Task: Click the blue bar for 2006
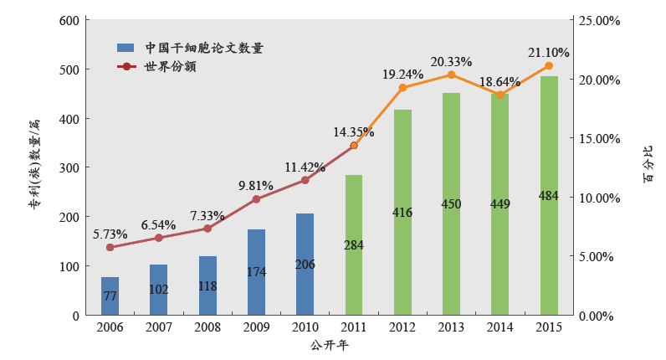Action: [x=110, y=296]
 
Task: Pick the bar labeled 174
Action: [x=256, y=272]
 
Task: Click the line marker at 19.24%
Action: [x=402, y=88]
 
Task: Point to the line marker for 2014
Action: [x=500, y=95]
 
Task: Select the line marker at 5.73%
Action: [x=110, y=248]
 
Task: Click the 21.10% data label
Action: [x=549, y=52]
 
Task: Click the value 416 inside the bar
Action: [x=402, y=213]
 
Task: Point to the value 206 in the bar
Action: [x=305, y=265]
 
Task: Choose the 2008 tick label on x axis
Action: [x=207, y=327]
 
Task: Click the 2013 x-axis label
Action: [x=452, y=327]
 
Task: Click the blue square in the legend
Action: [x=126, y=48]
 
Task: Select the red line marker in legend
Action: [x=126, y=66]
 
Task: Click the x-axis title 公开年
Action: [x=329, y=344]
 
